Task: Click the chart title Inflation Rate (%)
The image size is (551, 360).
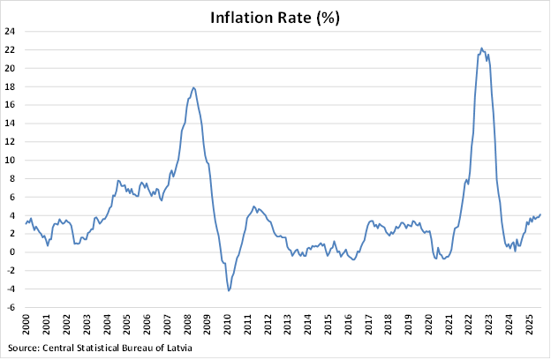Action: coord(274,17)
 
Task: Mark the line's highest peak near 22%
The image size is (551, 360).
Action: coord(481,49)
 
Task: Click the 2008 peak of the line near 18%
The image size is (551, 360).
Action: coord(193,87)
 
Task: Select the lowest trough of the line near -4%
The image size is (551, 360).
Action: coord(229,290)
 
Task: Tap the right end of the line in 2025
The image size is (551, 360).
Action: coord(540,214)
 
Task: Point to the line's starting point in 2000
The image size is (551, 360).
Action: coord(26,222)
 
